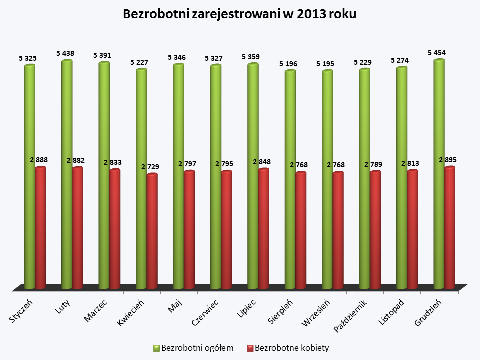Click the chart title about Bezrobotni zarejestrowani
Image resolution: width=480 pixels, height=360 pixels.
pyautogui.click(x=240, y=14)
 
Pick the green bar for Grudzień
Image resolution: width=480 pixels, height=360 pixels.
pyautogui.click(x=439, y=175)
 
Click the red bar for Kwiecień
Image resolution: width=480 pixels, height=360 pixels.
pyautogui.click(x=152, y=231)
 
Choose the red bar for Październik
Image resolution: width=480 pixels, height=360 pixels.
pyautogui.click(x=375, y=230)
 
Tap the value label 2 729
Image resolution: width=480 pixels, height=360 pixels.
pyautogui.click(x=150, y=167)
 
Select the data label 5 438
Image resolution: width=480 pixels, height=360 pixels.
pyautogui.click(x=65, y=52)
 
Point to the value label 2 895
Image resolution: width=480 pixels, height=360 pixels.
pyautogui.click(x=447, y=160)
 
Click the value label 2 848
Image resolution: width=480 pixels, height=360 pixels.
pyautogui.click(x=261, y=162)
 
